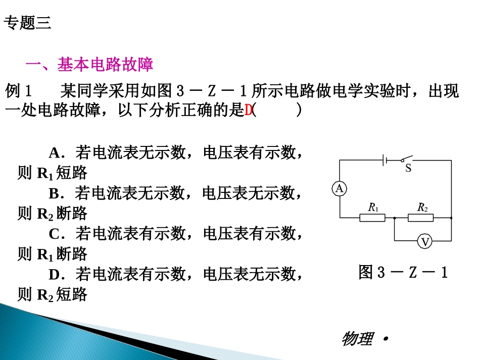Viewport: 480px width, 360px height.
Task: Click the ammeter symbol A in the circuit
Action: tap(340, 189)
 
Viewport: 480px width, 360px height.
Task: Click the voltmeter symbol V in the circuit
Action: tap(425, 242)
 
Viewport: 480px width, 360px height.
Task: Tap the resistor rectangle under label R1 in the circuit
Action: tap(372, 218)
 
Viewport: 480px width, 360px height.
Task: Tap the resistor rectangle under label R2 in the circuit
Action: tap(421, 218)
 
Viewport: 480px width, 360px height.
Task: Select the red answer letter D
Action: tap(248, 111)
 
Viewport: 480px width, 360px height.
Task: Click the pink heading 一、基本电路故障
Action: tap(89, 64)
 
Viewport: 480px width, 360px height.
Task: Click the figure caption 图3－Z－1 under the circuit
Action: tap(403, 273)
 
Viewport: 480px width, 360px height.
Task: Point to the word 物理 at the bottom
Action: tap(357, 339)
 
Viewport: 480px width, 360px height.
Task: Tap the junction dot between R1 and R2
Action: tap(394, 218)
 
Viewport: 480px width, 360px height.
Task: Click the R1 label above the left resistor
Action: tap(373, 207)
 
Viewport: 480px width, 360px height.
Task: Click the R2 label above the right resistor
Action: tap(422, 207)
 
